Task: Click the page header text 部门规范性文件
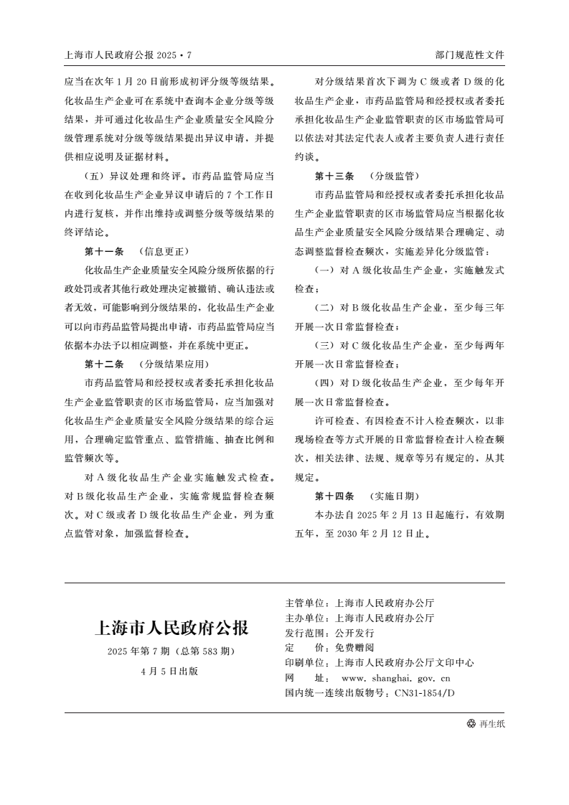tap(469, 55)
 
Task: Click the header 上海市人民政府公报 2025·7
tap(128, 55)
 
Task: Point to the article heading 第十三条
tap(334, 175)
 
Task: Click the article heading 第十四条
tap(334, 496)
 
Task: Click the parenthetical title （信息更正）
tap(164, 251)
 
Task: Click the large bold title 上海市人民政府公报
tap(171, 629)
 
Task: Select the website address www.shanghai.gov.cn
tap(395, 677)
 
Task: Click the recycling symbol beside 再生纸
tap(471, 724)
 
